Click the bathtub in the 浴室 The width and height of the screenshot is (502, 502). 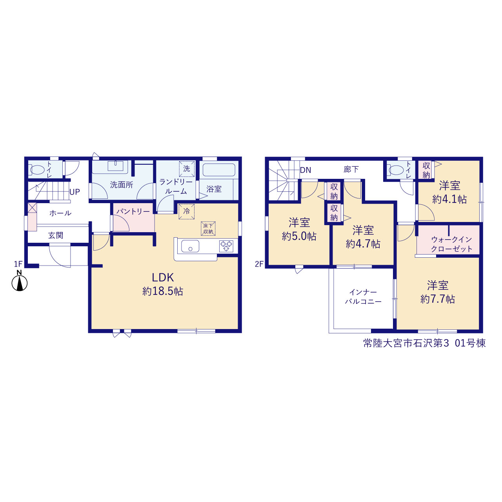[x=219, y=169]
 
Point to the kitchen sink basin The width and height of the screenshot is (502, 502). [x=190, y=246]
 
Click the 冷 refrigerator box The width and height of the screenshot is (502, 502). [x=187, y=211]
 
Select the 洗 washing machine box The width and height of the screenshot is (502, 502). [x=187, y=169]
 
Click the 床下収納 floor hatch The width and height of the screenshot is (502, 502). [x=208, y=229]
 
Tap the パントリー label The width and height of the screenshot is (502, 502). [x=133, y=211]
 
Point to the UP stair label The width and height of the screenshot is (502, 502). [x=75, y=192]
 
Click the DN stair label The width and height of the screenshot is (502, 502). [x=306, y=170]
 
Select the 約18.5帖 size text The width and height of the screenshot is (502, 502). [x=163, y=291]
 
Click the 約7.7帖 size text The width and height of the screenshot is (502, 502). [x=438, y=299]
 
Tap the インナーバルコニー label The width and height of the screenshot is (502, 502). [x=363, y=297]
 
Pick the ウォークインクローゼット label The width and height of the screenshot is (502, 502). [x=451, y=244]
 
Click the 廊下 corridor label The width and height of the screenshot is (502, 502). [x=351, y=169]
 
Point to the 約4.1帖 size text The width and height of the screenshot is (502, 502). [x=449, y=199]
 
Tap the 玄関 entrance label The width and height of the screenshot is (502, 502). [x=56, y=235]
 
